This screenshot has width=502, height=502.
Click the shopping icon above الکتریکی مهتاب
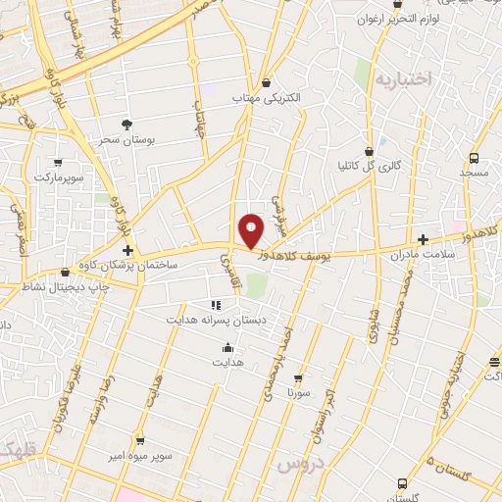269,83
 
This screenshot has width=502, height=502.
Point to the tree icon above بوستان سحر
126,124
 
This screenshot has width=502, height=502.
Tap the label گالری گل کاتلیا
368,167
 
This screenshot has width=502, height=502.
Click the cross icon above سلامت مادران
423,239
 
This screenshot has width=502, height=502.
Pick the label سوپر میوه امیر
140,457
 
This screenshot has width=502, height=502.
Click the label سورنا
298,392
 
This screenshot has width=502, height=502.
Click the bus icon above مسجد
475,157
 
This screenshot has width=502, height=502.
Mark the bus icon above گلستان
402,483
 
